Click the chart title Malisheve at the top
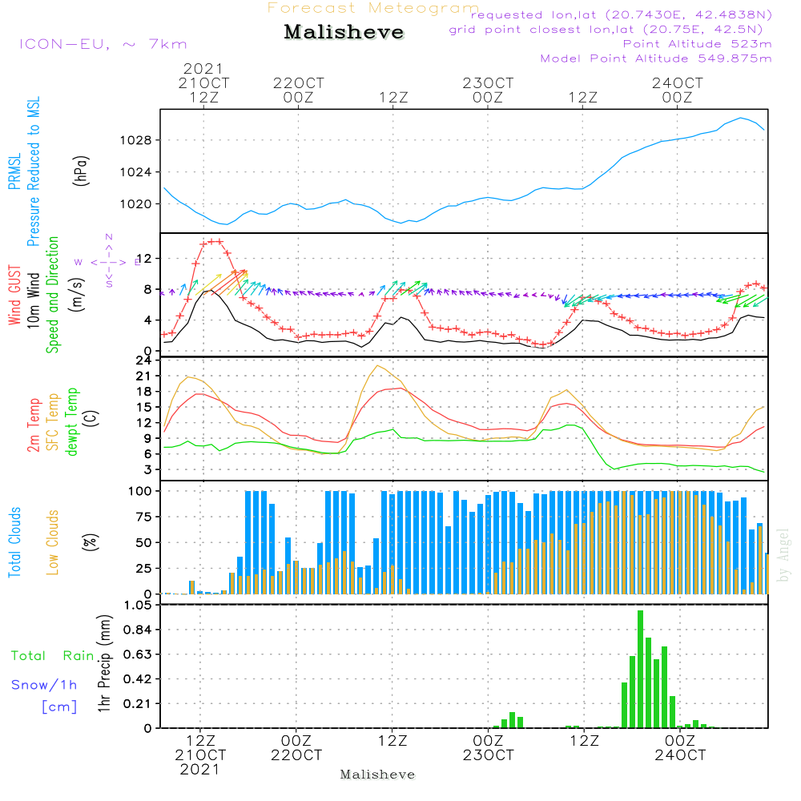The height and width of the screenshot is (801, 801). [344, 33]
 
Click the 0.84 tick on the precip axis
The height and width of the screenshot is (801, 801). [135, 630]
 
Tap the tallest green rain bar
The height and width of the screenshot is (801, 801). [640, 669]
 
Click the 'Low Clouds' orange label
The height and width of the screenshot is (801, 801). [53, 541]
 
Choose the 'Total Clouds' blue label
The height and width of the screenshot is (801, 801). [14, 541]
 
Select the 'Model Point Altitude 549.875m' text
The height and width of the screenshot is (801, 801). [656, 58]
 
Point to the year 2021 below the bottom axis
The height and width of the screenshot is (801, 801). [199, 770]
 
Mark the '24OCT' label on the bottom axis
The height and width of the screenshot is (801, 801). [680, 755]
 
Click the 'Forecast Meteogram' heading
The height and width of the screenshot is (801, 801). [373, 9]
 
